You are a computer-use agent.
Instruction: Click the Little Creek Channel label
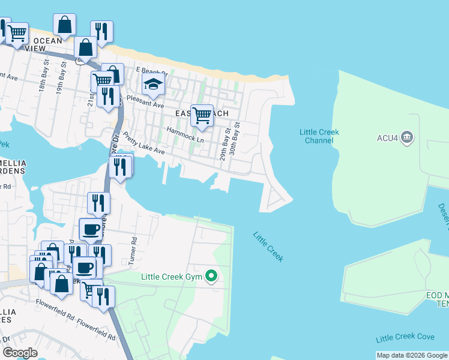pos(319,136)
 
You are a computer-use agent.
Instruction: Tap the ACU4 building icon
pos(407,137)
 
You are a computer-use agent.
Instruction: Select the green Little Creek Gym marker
pos(211,277)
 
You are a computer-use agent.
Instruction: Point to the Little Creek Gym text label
pos(171,277)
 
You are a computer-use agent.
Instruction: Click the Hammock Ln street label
pos(185,134)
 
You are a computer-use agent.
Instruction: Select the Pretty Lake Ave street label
pos(143,144)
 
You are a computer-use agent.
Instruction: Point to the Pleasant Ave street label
pos(145,104)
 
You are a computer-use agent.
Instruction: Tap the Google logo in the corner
pos(20,352)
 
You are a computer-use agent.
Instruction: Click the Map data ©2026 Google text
pos(411,355)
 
